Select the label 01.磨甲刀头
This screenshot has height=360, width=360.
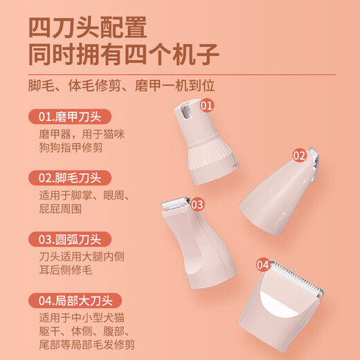tap(70, 116)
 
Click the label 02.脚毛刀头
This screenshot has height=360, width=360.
tap(70, 178)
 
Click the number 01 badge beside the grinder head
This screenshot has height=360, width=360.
tap(206, 105)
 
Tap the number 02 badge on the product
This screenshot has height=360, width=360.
tap(299, 156)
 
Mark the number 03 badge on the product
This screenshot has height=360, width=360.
tap(197, 204)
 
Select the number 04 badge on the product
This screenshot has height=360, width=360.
tap(263, 264)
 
